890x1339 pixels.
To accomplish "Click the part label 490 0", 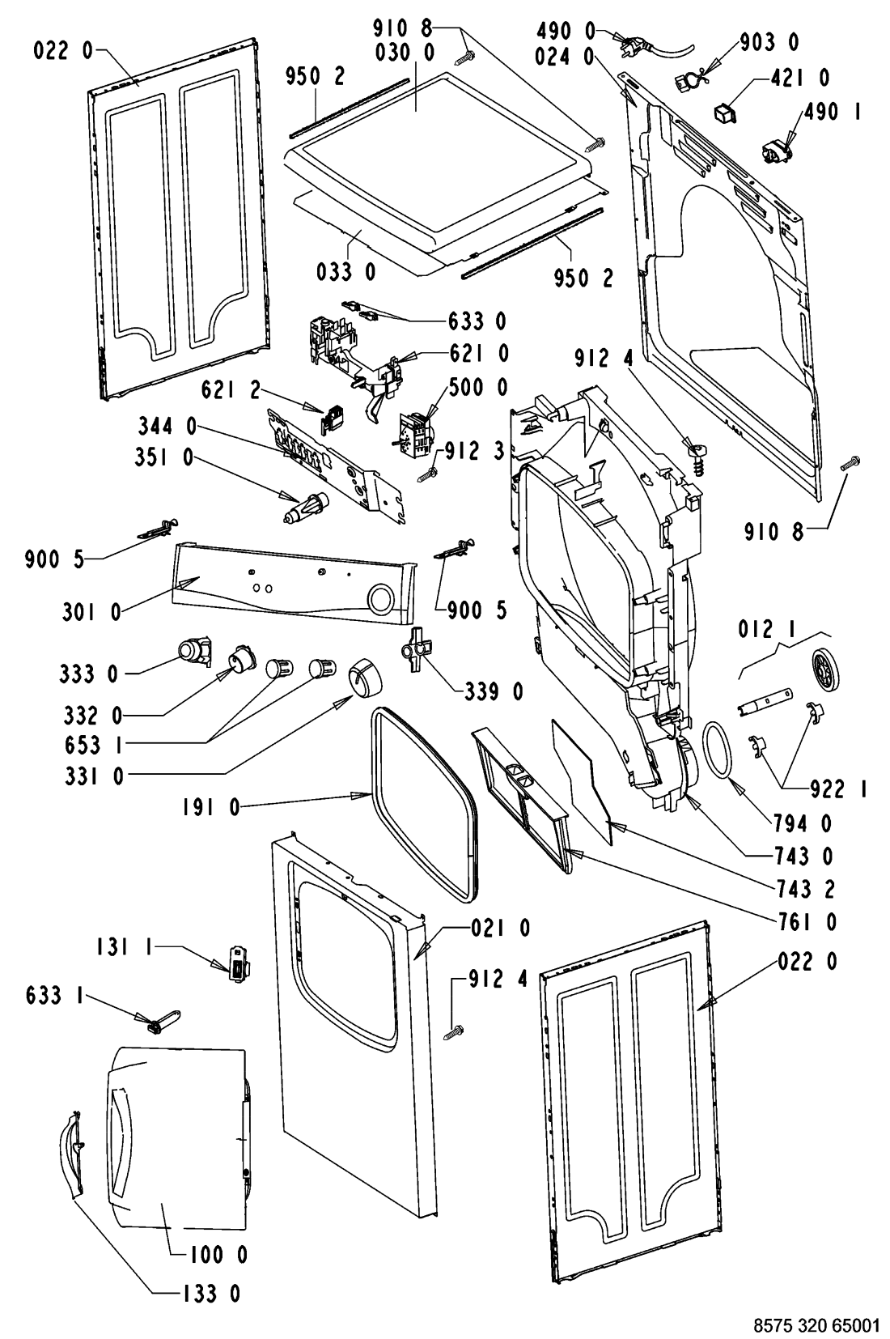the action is click(566, 30).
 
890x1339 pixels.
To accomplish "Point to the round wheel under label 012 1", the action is click(825, 669).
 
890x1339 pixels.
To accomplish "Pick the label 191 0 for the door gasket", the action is click(210, 808).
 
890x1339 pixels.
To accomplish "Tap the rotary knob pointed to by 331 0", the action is click(362, 678).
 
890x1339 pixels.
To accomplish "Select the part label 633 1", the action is click(53, 996).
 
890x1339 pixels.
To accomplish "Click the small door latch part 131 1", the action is click(239, 964).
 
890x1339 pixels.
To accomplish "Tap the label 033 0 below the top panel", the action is click(346, 272).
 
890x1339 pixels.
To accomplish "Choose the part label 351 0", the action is click(165, 458).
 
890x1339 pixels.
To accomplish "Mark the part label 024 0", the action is click(565, 57).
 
